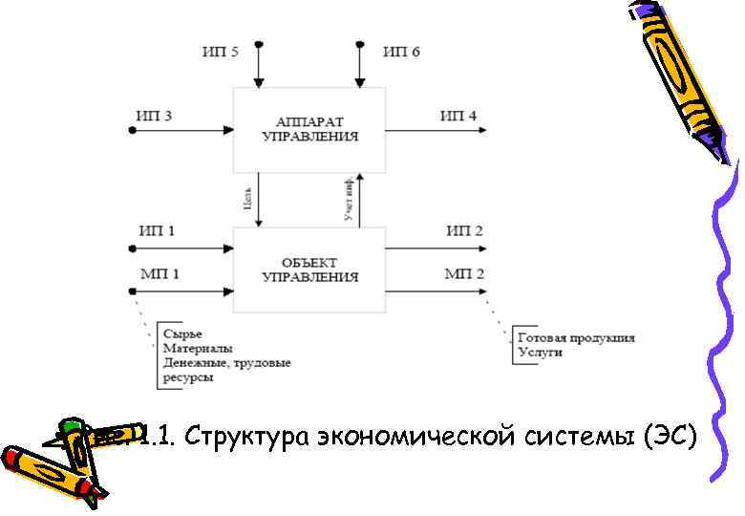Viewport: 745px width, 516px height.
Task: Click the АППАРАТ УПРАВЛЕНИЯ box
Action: (x=310, y=129)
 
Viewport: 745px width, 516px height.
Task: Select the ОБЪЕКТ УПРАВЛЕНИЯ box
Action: (x=310, y=269)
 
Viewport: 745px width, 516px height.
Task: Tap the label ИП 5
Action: (x=221, y=52)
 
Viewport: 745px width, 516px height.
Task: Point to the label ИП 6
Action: (x=401, y=52)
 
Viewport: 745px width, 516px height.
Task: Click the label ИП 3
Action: (x=155, y=117)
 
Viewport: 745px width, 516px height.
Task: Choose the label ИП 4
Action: (x=458, y=117)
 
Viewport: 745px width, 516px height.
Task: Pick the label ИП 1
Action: (x=157, y=231)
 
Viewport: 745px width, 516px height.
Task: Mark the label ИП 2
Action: (x=464, y=231)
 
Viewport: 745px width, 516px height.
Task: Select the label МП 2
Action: (x=464, y=274)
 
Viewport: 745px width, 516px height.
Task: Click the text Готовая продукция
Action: (x=575, y=337)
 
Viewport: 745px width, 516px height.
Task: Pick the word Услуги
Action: (x=540, y=352)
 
